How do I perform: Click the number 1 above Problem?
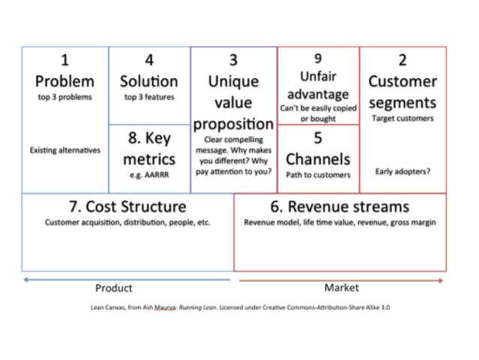65,60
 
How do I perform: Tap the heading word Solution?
149,80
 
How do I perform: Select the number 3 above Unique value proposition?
233,60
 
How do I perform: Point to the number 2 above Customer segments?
402,61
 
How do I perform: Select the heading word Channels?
318,159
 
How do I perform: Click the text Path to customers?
318,175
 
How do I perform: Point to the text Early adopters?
402,171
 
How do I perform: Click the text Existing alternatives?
65,150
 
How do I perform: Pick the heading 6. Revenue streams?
340,206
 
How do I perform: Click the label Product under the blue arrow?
113,288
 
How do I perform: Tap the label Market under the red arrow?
342,287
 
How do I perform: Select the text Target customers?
402,118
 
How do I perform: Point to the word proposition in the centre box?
233,123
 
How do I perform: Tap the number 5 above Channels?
318,138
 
